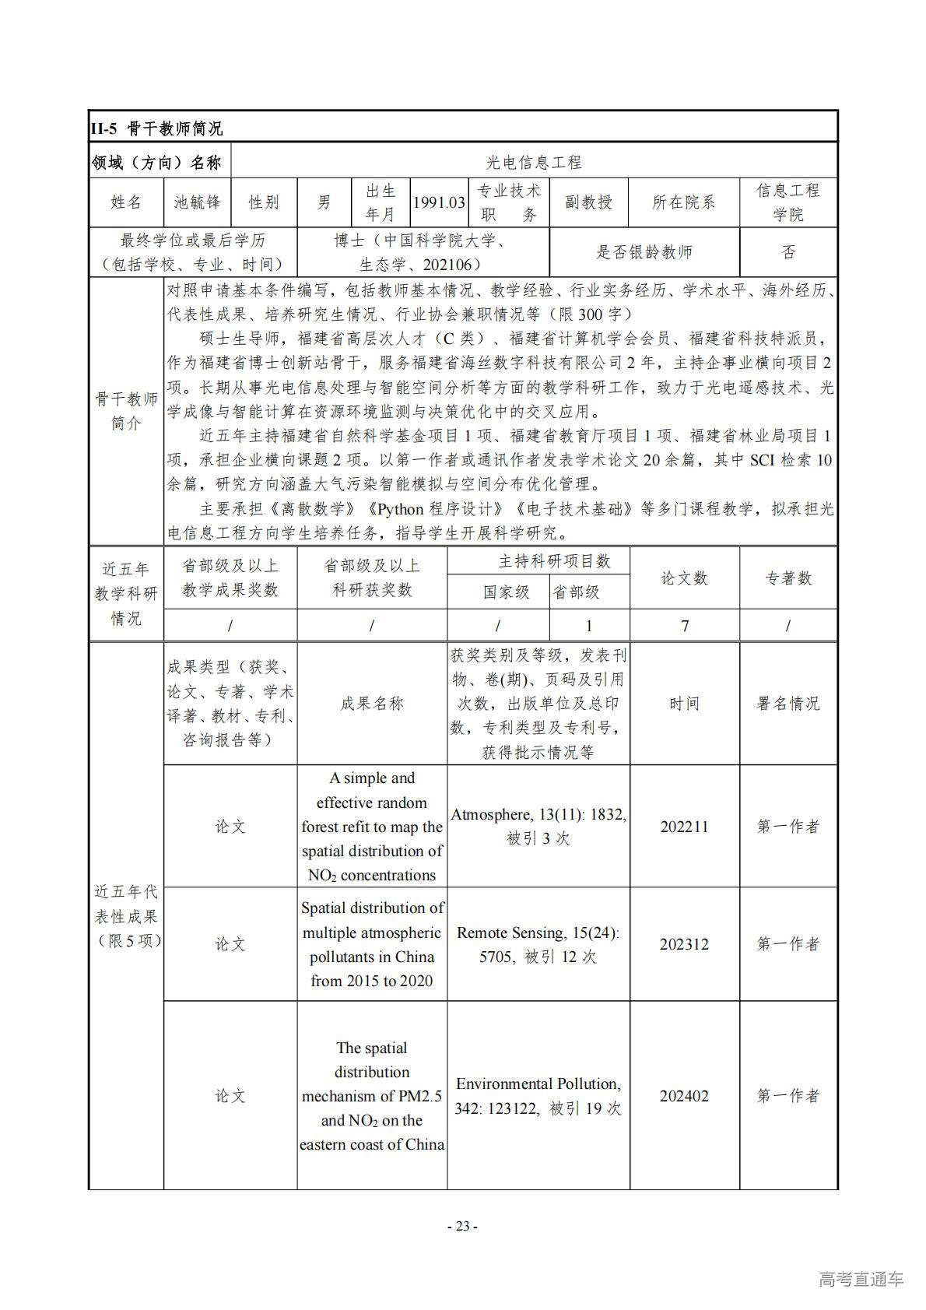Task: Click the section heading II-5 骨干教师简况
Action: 156,128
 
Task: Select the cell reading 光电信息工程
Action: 534,163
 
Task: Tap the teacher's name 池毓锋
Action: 198,202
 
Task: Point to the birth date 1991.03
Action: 439,202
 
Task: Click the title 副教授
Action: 588,202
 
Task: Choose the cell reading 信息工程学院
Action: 787,202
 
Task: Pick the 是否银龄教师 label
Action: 644,251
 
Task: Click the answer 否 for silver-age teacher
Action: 788,251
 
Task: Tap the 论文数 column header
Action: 684,578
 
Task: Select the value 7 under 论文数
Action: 685,626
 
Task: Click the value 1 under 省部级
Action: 589,626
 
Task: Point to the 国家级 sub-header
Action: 506,592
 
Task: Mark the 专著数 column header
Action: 788,578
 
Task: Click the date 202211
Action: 684,827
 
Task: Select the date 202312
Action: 684,944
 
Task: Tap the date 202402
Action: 684,1096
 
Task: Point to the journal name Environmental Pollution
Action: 538,1083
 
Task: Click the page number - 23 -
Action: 462,1227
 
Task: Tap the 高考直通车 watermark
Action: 861,1279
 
